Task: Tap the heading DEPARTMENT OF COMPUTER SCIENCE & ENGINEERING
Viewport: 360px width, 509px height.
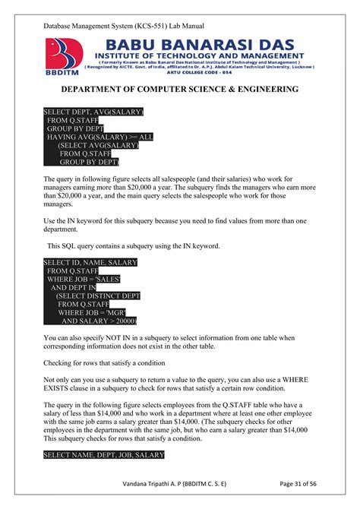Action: pos(179,90)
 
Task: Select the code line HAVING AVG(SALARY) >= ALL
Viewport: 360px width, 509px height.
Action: pos(99,137)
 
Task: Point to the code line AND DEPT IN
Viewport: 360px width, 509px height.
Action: pos(73,288)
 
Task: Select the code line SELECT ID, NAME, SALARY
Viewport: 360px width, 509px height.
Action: pos(90,263)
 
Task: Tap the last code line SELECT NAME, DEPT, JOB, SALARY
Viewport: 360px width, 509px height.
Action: pos(104,455)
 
